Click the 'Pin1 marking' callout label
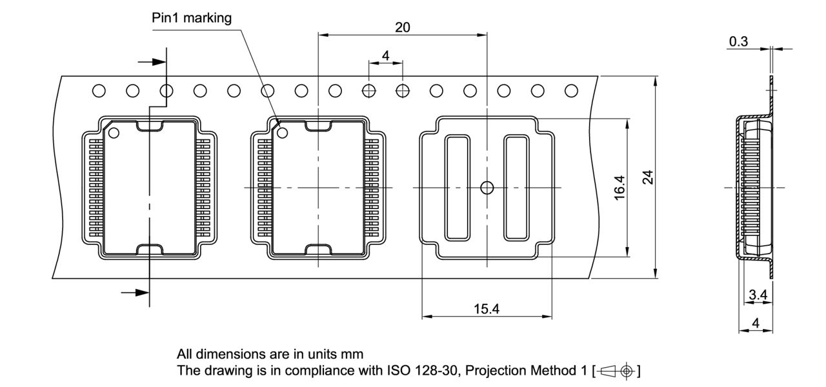tap(192, 18)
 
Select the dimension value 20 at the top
tap(402, 27)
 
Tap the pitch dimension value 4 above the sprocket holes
tap(385, 56)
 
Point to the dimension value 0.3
tap(739, 42)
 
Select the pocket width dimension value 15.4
tap(486, 309)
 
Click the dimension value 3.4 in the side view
tap(758, 295)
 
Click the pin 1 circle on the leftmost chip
tap(114, 134)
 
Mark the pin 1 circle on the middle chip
tap(283, 133)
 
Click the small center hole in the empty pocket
tap(487, 188)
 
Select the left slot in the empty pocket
tap(458, 188)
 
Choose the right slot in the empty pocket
tap(516, 188)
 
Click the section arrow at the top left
tap(153, 62)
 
